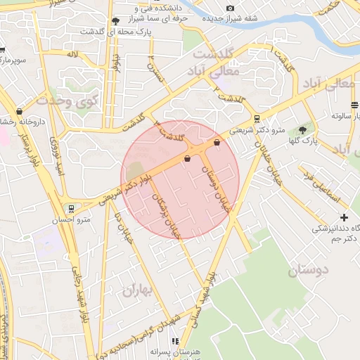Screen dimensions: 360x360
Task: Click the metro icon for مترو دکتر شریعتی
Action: point(257,119)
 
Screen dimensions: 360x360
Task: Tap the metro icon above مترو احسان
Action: point(70,208)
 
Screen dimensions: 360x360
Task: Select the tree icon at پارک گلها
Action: point(303,130)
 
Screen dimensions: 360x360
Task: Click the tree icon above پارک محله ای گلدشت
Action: point(115,20)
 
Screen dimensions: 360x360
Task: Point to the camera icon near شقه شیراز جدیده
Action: point(230,8)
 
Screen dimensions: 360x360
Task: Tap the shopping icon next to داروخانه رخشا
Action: point(19,110)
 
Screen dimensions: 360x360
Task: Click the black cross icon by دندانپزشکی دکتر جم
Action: point(344,217)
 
